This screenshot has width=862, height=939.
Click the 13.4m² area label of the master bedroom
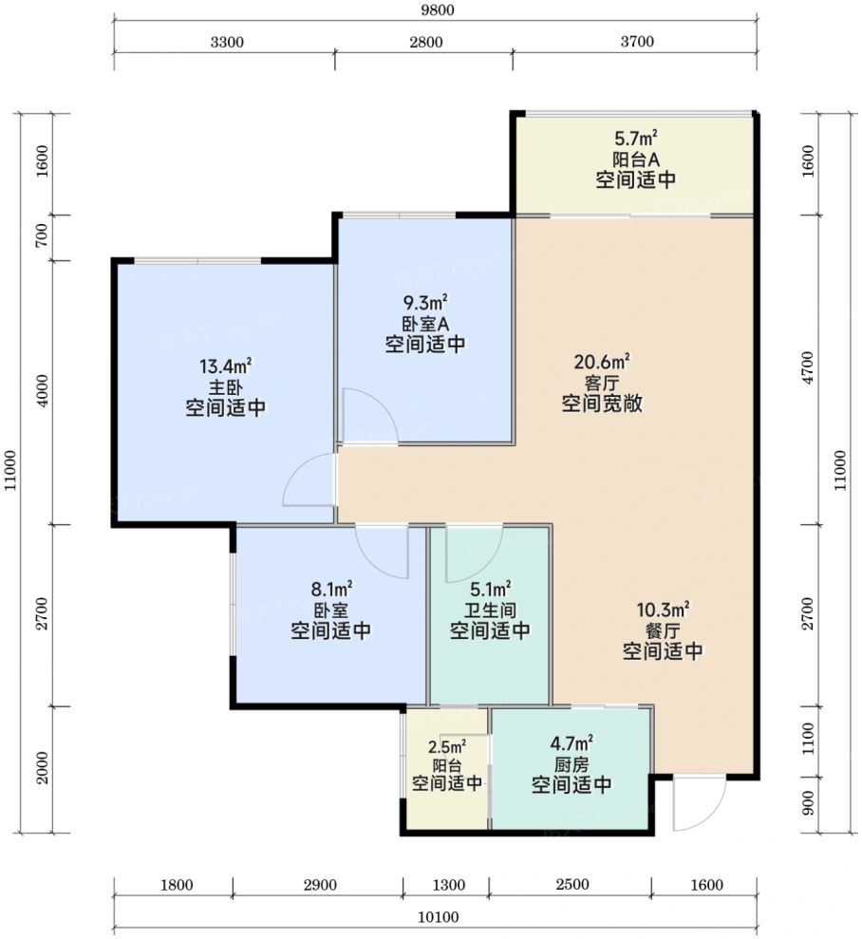pyautogui.click(x=225, y=366)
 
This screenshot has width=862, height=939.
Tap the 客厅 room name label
pyautogui.click(x=602, y=384)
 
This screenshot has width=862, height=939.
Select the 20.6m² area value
pyautogui.click(x=602, y=362)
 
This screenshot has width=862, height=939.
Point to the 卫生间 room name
pyautogui.click(x=489, y=609)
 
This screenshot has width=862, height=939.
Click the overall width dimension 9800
pyautogui.click(x=436, y=11)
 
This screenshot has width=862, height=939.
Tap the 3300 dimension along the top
pyautogui.click(x=224, y=42)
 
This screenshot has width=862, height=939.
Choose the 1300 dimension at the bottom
pyautogui.click(x=445, y=885)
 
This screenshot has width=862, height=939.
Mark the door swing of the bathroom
pyautogui.click(x=472, y=551)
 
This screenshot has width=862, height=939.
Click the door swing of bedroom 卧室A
pyautogui.click(x=363, y=416)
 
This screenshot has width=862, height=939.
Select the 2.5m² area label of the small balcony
pyautogui.click(x=445, y=746)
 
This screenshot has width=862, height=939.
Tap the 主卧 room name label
pyautogui.click(x=225, y=387)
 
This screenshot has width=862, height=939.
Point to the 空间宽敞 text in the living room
pyautogui.click(x=602, y=404)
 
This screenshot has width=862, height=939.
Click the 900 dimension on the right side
pyautogui.click(x=808, y=805)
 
